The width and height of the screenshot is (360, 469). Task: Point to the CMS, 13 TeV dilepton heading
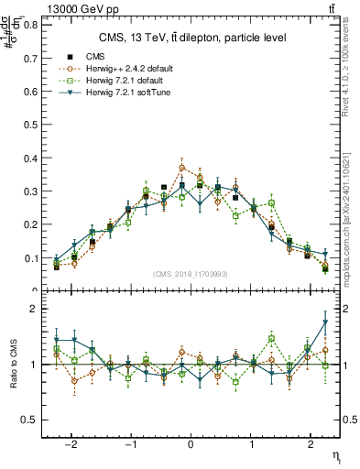point(192,38)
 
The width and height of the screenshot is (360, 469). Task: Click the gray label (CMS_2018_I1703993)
point(191,274)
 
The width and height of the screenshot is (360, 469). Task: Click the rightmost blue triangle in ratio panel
point(325,322)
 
